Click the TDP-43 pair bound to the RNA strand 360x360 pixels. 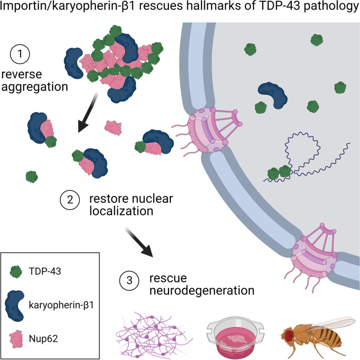[x=279, y=173]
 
